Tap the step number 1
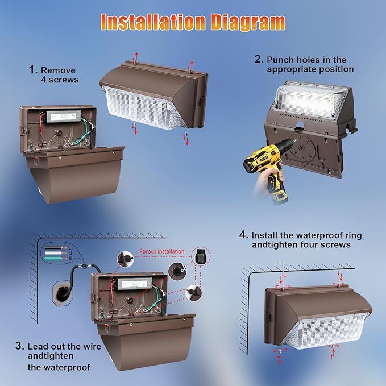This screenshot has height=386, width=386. coord(32,70)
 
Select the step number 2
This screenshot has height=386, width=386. coord(259,59)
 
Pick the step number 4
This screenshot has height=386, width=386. coord(243,235)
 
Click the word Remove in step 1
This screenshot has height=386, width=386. coord(59,70)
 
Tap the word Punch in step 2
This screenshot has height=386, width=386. coord(280,59)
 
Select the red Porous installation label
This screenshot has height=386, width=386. coord(162,251)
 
